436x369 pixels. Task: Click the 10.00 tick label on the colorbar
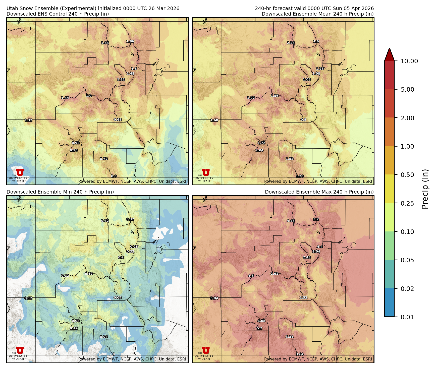click(x=409, y=61)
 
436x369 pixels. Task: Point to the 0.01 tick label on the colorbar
click(x=407, y=317)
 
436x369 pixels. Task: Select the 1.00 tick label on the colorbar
click(x=407, y=146)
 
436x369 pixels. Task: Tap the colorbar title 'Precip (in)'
click(x=425, y=189)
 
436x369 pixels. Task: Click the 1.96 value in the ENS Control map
click(x=130, y=41)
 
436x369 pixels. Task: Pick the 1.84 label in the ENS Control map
click(x=105, y=43)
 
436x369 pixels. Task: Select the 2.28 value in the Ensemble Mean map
click(x=291, y=43)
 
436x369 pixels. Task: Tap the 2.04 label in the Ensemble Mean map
click(x=259, y=150)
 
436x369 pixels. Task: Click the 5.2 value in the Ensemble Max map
click(x=259, y=328)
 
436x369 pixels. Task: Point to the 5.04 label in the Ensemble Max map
click(x=214, y=298)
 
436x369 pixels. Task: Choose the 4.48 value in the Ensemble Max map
click(x=291, y=221)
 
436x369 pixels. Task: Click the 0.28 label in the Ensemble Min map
click(x=134, y=247)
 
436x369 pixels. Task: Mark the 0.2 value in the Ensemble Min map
click(x=121, y=257)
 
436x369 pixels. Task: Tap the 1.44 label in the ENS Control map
click(x=65, y=98)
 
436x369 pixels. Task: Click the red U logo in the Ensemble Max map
click(x=206, y=350)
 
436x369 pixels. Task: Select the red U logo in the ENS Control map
click(x=20, y=172)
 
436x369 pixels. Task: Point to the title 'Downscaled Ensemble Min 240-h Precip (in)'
click(x=60, y=192)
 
